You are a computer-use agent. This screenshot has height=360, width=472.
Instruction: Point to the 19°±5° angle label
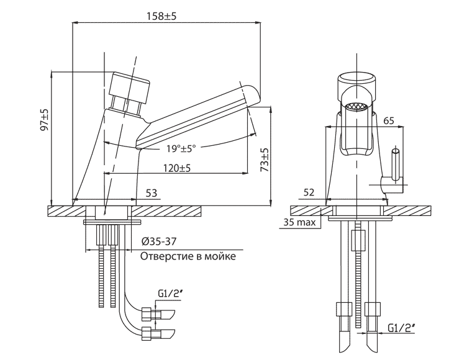click(181, 148)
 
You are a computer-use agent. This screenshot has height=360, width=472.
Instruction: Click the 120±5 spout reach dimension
click(177, 168)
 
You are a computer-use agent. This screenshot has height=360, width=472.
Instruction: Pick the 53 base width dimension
click(151, 193)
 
